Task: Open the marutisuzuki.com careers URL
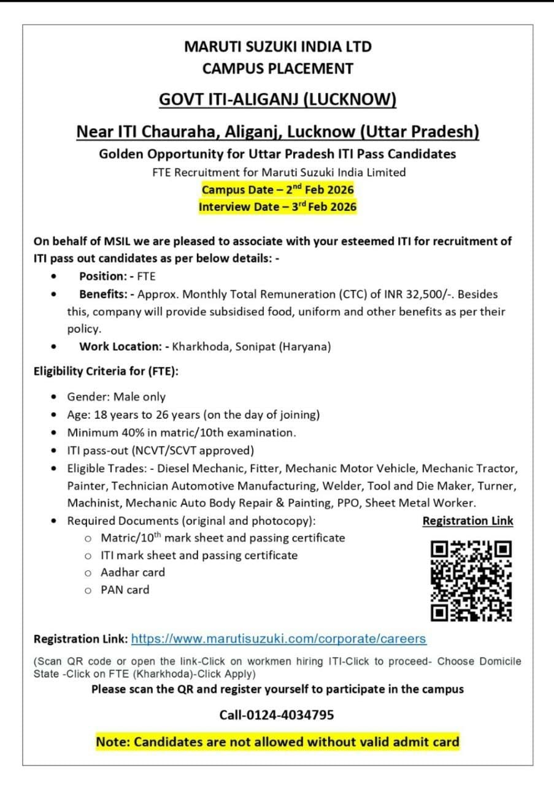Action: [x=279, y=638]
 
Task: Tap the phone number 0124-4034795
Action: [x=277, y=714]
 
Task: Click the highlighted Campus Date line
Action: [x=277, y=190]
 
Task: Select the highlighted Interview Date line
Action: [x=277, y=207]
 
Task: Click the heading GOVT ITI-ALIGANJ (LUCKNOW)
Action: [x=277, y=100]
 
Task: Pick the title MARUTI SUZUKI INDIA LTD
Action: [x=277, y=47]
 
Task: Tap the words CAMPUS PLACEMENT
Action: [x=277, y=69]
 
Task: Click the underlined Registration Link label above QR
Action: [x=467, y=521]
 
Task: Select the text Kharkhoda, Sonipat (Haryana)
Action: [x=252, y=347]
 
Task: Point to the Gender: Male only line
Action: [x=117, y=397]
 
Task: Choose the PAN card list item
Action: [x=125, y=589]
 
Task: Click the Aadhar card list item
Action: [x=133, y=572]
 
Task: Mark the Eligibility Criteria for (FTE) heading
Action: [x=106, y=371]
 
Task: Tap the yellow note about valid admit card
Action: [x=277, y=742]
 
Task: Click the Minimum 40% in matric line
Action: [x=182, y=432]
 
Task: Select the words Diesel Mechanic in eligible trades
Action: [x=195, y=469]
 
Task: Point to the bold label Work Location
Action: [x=120, y=347]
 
